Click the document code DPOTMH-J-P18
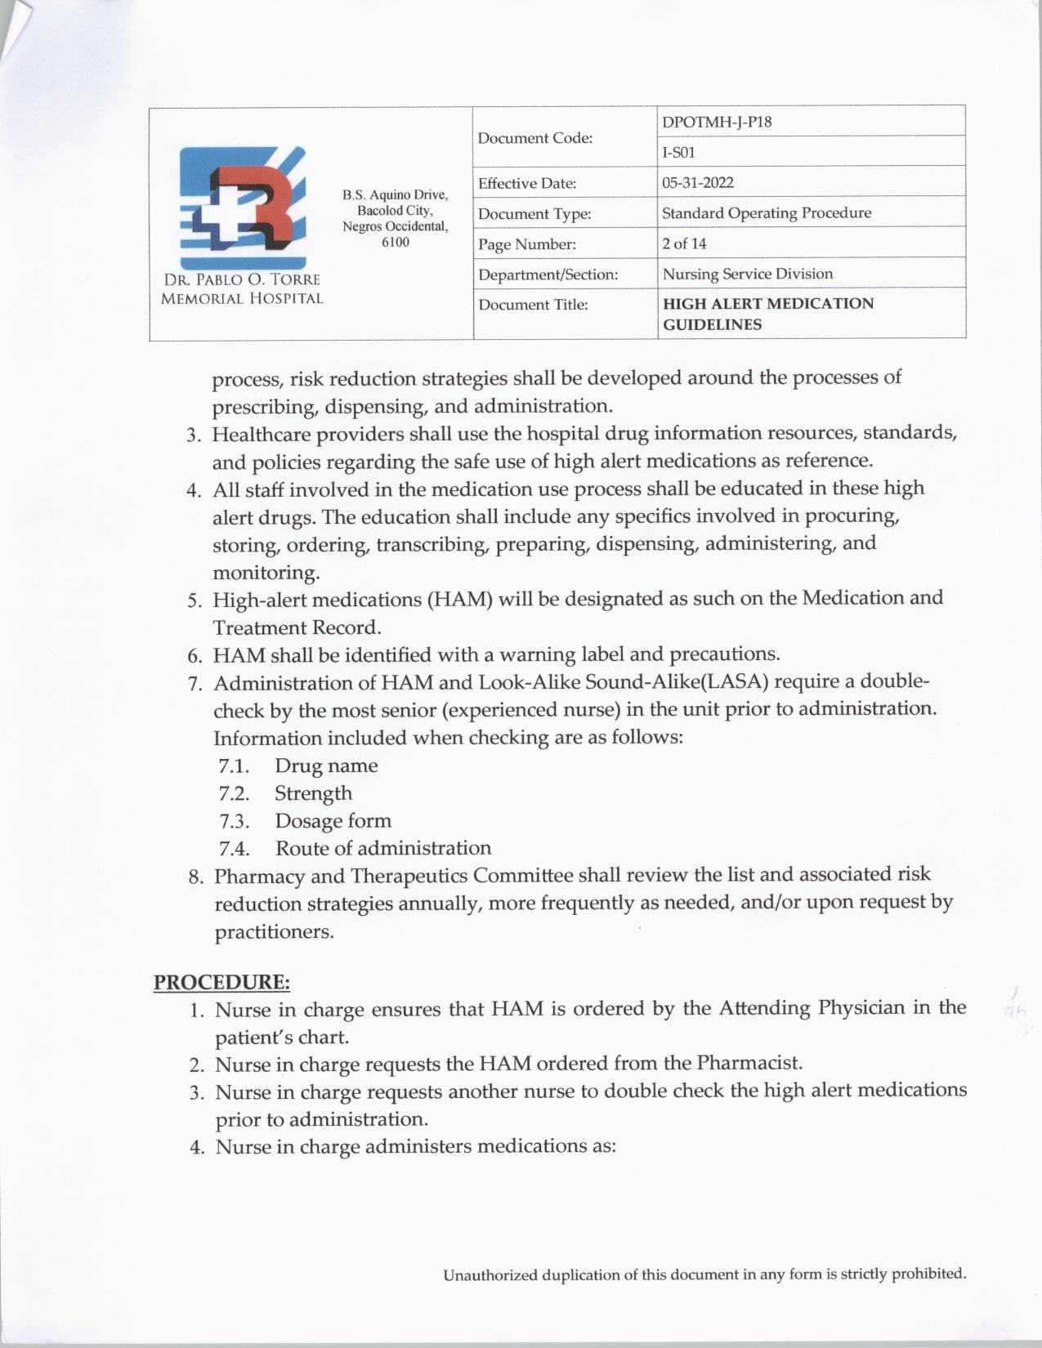(x=716, y=122)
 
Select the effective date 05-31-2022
(x=697, y=182)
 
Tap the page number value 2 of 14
(x=684, y=243)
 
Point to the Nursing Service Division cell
(x=747, y=274)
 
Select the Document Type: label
(x=534, y=214)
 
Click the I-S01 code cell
(x=678, y=152)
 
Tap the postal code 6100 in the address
(x=396, y=243)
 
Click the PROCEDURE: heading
(x=222, y=980)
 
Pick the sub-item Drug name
(x=326, y=766)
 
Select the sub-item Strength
(x=313, y=793)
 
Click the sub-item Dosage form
(x=333, y=820)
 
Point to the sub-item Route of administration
(x=382, y=848)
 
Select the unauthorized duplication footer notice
(x=704, y=1274)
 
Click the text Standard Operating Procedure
(x=766, y=213)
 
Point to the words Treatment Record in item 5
(x=297, y=627)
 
